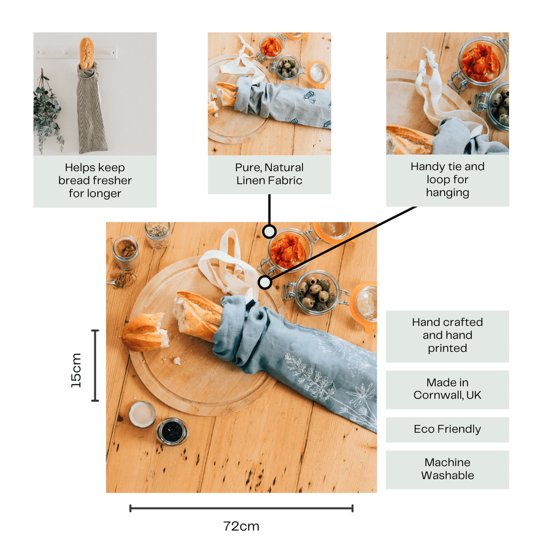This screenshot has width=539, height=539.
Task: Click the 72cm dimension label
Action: coord(241,526)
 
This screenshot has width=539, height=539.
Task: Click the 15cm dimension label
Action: coord(77,371)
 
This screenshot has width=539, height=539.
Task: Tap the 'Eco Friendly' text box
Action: coord(447,430)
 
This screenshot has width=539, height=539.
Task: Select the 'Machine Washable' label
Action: coord(447,469)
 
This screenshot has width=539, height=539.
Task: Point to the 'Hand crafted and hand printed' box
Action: coord(447,335)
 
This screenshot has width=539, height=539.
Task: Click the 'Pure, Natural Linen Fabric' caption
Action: coord(269,174)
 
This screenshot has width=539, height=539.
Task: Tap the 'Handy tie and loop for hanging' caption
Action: coord(447,179)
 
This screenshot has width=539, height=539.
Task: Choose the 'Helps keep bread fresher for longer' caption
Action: coord(95,181)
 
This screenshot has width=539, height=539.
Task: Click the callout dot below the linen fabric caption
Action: coord(269,231)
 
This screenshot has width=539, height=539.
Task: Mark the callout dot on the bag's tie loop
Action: coord(265,283)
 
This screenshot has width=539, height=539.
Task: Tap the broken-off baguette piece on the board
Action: coord(144,332)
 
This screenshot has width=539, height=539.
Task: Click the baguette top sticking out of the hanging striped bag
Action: coord(86,52)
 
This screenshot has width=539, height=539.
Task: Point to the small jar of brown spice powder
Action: coord(126,252)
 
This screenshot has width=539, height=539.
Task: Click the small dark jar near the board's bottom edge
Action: coord(172,432)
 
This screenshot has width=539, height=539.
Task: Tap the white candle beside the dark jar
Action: coord(142,414)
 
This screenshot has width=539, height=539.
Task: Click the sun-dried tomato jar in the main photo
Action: coord(288,250)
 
